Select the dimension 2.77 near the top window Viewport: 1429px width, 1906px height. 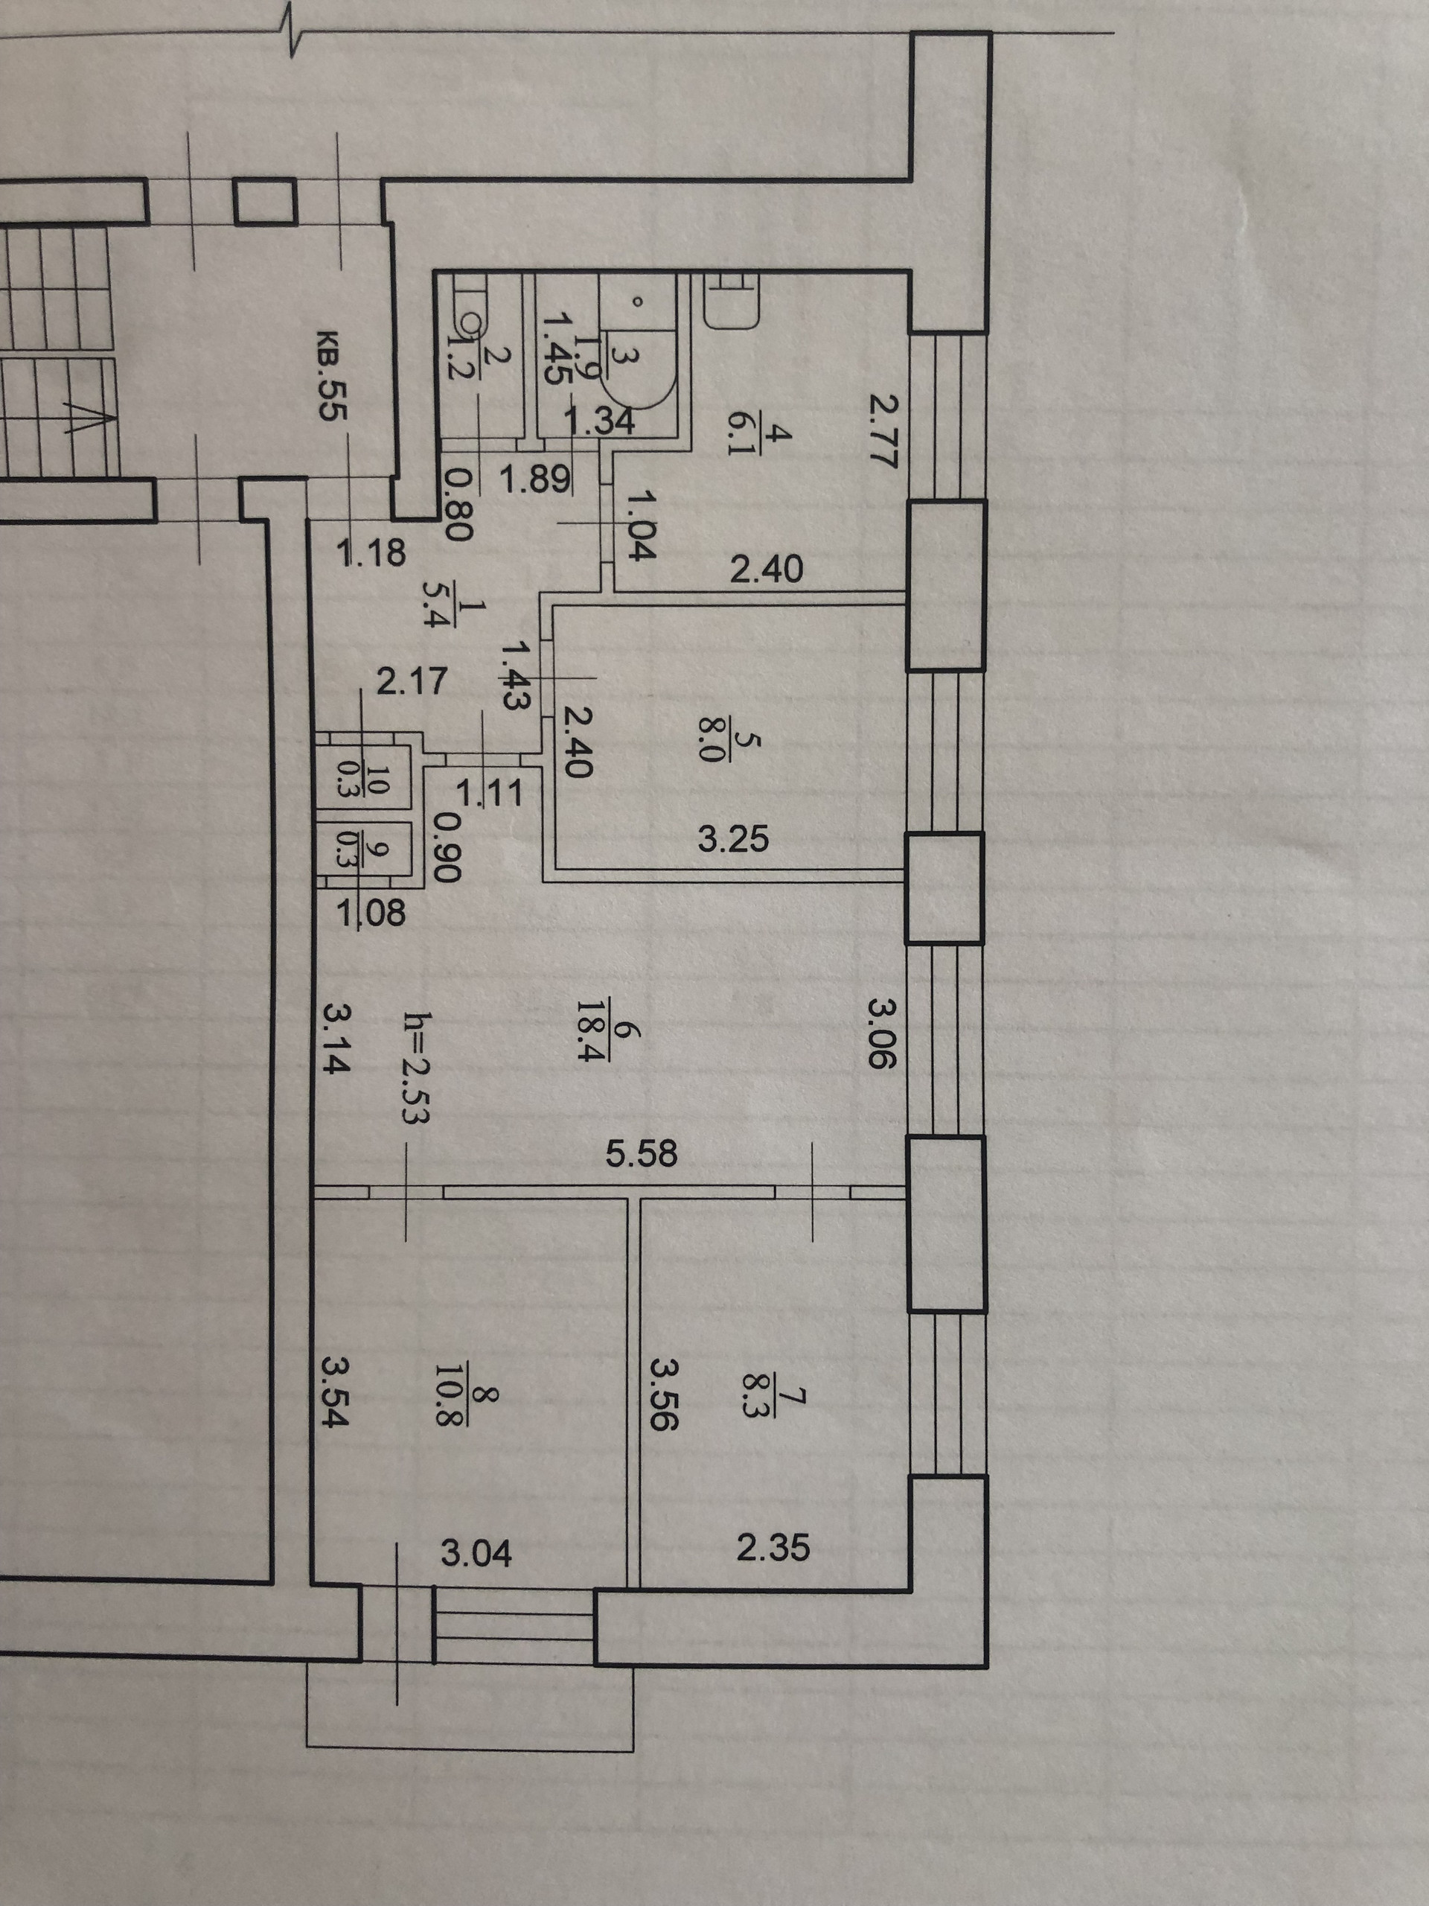(882, 430)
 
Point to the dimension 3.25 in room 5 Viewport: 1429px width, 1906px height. (733, 838)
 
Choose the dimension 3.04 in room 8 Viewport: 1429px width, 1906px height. (476, 1554)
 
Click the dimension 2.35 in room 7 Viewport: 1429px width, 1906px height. (773, 1549)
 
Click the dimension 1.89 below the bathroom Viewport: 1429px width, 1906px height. (535, 478)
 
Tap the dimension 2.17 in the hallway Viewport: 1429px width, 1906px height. (412, 681)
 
